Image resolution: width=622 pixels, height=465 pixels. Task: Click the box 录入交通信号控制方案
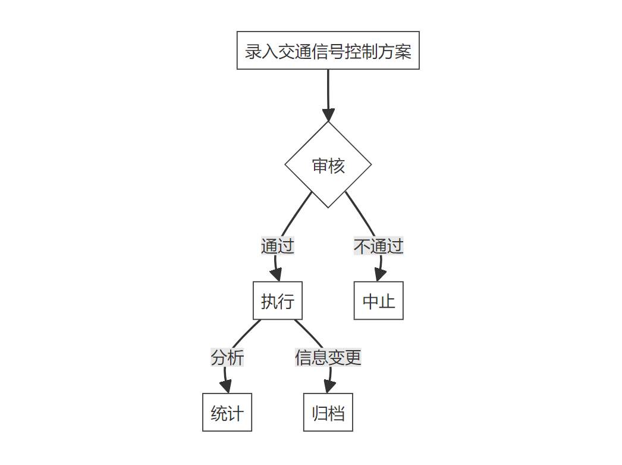328,51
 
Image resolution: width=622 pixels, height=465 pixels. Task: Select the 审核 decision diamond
328,165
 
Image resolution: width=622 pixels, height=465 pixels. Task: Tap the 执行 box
278,301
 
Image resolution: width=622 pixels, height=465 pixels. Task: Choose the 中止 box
379,301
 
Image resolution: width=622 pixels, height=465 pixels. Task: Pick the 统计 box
227,413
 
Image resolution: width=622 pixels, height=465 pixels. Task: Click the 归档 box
328,413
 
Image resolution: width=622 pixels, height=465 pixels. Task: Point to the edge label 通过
278,246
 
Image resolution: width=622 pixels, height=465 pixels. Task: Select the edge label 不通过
379,246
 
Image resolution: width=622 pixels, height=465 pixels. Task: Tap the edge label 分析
227,358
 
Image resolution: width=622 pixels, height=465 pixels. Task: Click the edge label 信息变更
328,358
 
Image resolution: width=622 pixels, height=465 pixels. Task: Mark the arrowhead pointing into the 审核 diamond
328,115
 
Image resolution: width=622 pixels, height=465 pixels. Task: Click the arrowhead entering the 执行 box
276,274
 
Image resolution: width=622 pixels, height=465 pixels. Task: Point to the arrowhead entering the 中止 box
380,274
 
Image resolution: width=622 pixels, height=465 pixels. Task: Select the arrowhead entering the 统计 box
226,386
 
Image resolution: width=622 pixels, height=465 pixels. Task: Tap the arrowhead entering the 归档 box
329,386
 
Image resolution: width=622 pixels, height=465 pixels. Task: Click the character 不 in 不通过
362,246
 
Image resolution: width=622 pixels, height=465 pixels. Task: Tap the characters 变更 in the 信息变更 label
345,358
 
